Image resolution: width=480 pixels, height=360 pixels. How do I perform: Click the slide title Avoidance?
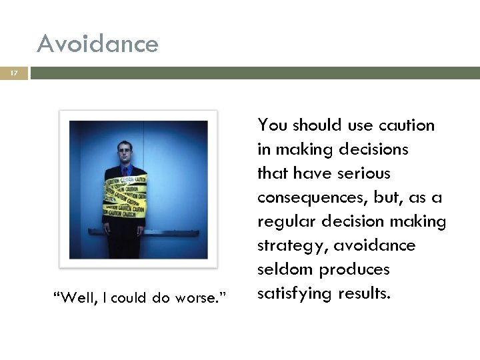[x=98, y=45]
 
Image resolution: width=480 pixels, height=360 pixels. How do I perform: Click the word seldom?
[x=285, y=269]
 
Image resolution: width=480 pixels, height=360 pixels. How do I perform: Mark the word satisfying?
[x=294, y=294]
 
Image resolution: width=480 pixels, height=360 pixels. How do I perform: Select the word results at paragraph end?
[x=364, y=294]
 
